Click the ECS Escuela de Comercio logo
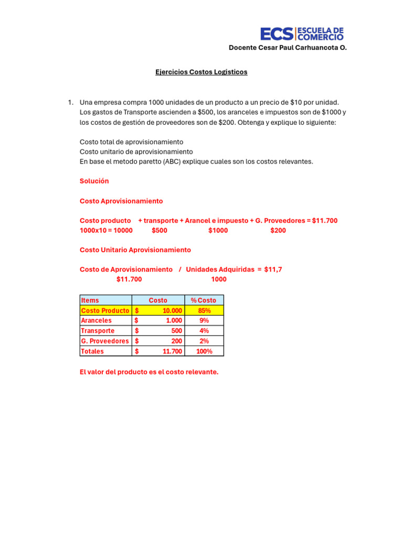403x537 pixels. pos(302,34)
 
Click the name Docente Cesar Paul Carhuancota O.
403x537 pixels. pos(288,48)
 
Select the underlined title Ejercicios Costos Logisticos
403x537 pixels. pos(201,72)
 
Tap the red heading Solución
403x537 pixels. pos(94,181)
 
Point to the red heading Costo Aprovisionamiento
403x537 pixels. pos(121,201)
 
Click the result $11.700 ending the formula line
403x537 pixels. pos(325,221)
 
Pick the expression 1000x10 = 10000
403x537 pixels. pos(106,231)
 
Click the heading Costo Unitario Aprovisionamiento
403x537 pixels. pos(135,250)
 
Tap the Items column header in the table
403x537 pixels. pos(90,300)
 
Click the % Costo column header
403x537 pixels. pos(204,300)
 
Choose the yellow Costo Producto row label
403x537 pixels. pos(105,310)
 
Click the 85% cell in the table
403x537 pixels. pos(204,310)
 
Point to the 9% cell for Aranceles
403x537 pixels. pos(204,320)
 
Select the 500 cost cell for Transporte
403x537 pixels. pos(176,331)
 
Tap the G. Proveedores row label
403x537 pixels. pos(105,341)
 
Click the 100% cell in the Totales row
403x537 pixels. pos(204,351)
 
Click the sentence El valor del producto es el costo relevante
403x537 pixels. pos(149,372)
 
